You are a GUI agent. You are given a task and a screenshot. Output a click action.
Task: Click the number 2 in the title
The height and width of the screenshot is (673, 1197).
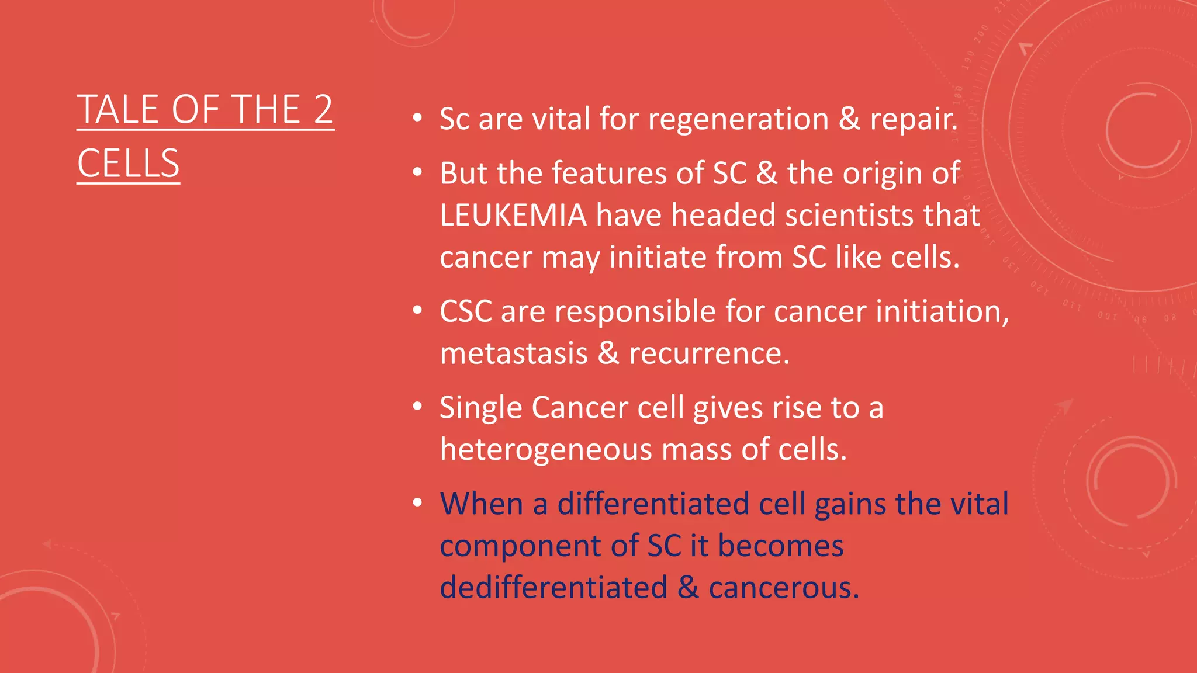point(323,110)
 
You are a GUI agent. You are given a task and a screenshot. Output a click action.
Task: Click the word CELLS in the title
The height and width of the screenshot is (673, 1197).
point(128,164)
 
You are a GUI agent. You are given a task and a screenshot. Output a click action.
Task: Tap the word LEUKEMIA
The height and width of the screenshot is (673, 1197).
point(513,215)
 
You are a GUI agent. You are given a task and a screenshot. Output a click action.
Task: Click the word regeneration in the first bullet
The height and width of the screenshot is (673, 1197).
point(738,119)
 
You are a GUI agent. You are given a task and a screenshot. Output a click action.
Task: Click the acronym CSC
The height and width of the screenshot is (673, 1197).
point(465,311)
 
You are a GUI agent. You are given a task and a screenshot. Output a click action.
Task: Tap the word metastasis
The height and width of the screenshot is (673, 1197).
point(514,354)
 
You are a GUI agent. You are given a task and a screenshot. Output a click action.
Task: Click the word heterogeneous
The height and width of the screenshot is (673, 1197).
point(545,450)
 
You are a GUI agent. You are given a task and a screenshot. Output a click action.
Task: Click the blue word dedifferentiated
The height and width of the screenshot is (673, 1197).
point(553,588)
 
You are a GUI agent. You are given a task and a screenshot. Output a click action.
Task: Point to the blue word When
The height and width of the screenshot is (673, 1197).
point(481,504)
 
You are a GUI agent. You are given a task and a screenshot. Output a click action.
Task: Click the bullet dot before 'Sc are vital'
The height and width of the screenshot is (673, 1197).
point(417,118)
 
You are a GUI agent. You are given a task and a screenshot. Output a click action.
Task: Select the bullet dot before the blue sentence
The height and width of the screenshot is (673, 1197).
point(417,503)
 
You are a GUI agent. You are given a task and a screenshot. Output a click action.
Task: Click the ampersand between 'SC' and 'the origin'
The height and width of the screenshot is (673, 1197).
point(767,174)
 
